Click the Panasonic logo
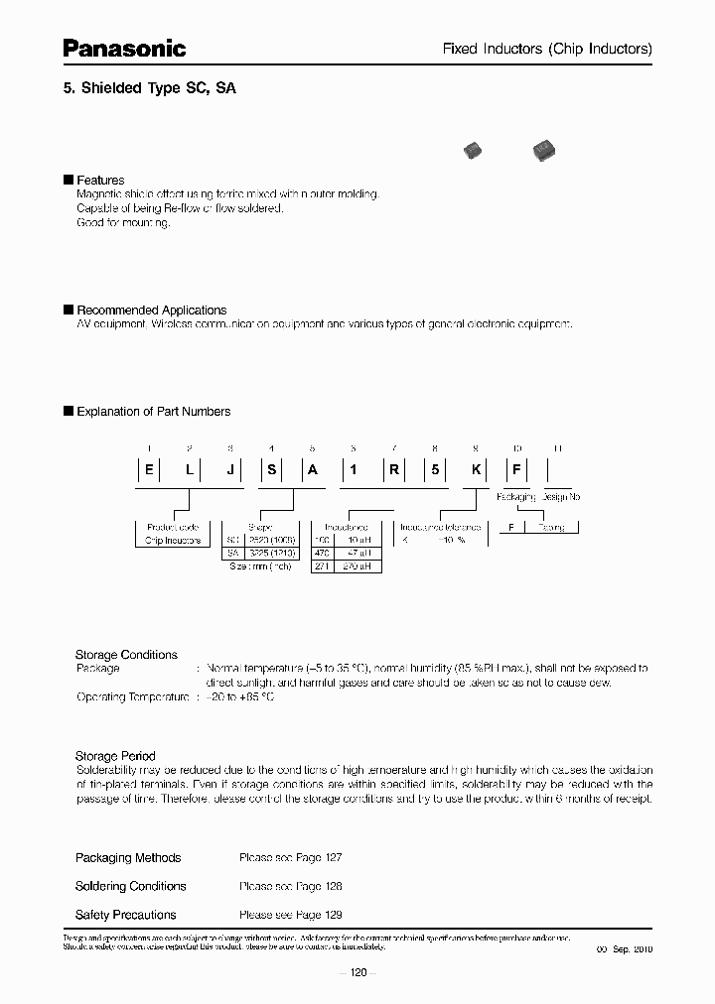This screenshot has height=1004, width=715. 124,47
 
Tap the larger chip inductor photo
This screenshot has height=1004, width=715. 541,150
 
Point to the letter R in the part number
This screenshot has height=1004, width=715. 394,471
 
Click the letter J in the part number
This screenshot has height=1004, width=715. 230,471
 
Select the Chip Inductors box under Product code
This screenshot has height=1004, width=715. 173,541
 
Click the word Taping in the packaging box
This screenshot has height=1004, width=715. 552,528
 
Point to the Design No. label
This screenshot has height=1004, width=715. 561,496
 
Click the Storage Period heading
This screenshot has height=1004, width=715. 115,756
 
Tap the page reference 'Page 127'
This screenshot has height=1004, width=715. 318,857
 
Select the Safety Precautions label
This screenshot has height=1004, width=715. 125,915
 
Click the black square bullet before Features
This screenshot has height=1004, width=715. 69,180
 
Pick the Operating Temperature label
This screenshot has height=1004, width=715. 132,697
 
